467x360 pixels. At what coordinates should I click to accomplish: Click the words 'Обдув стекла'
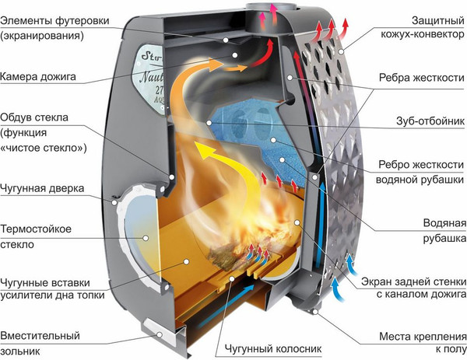point(35,117)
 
